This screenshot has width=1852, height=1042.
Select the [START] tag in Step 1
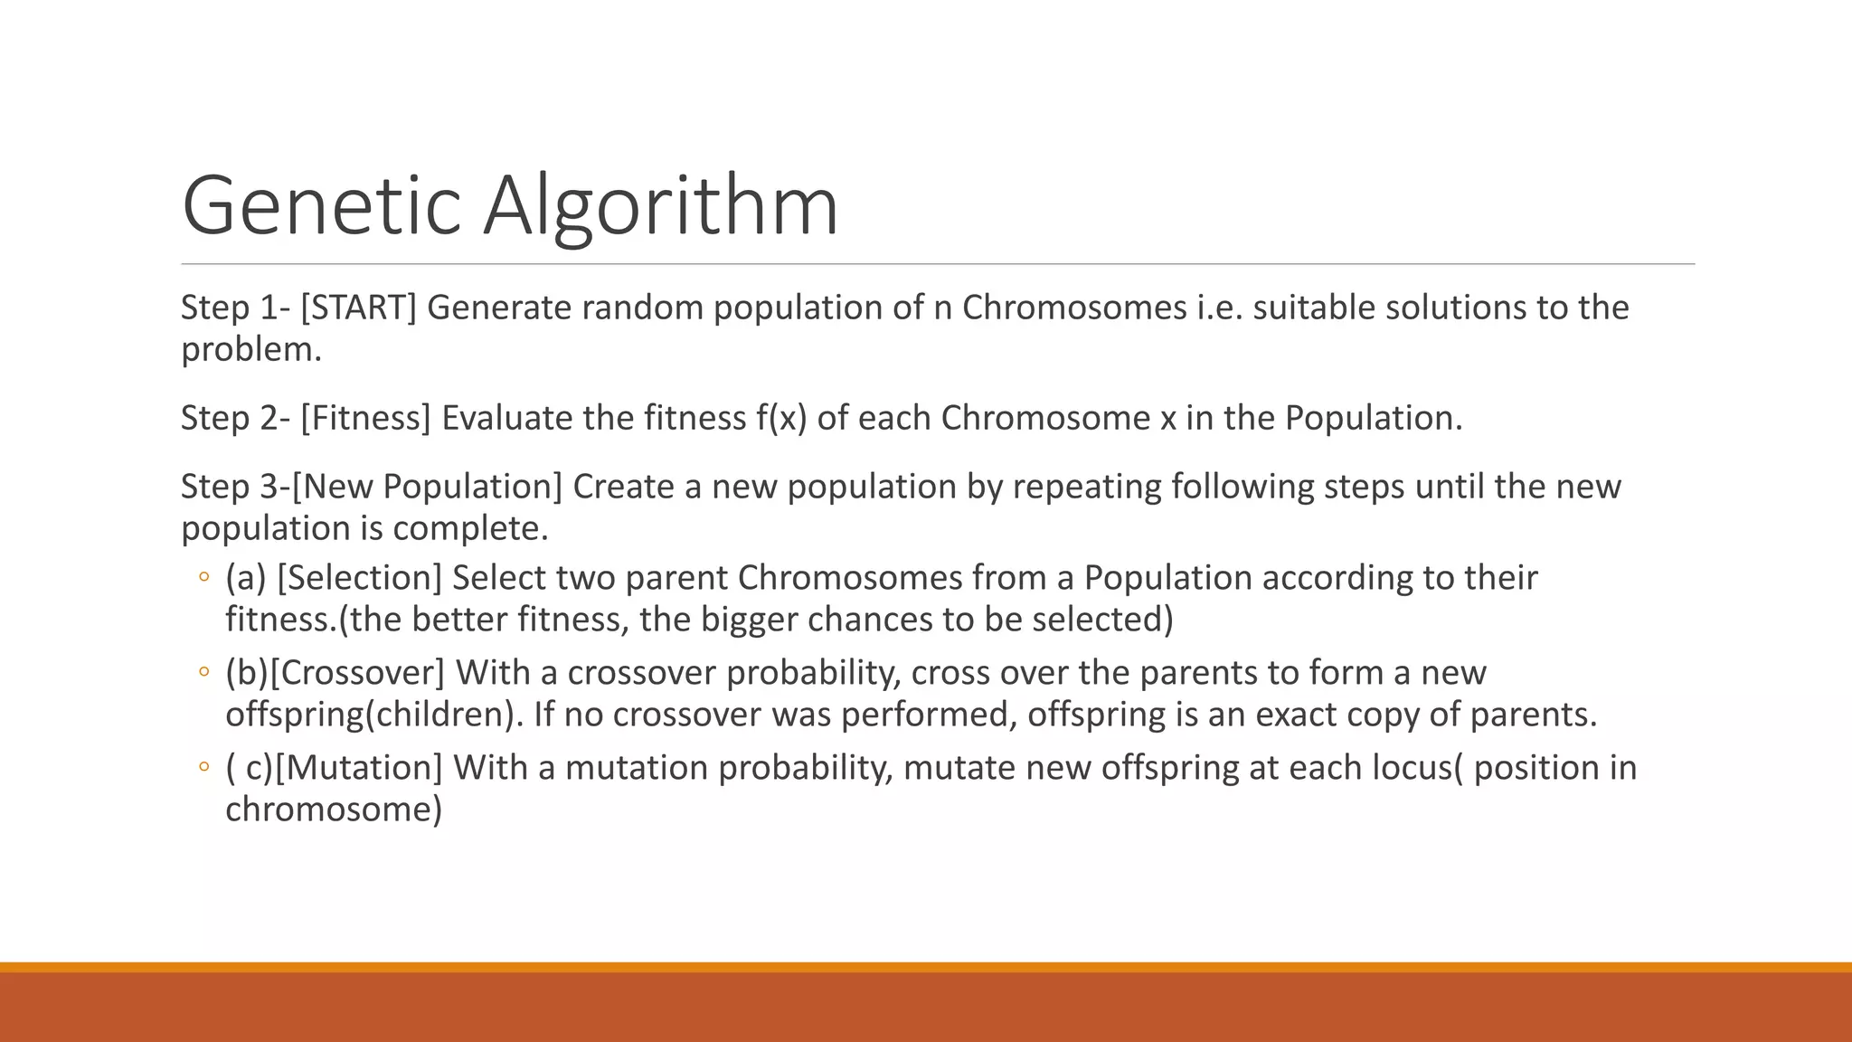[x=358, y=308]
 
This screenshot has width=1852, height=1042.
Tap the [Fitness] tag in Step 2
[x=365, y=418]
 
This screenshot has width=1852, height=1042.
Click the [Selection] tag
[x=359, y=578]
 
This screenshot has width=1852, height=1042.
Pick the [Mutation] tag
[x=359, y=768]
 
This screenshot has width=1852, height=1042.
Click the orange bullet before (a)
[x=203, y=577]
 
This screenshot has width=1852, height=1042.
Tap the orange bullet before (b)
[x=203, y=672]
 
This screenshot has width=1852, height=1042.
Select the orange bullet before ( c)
[x=203, y=767]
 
